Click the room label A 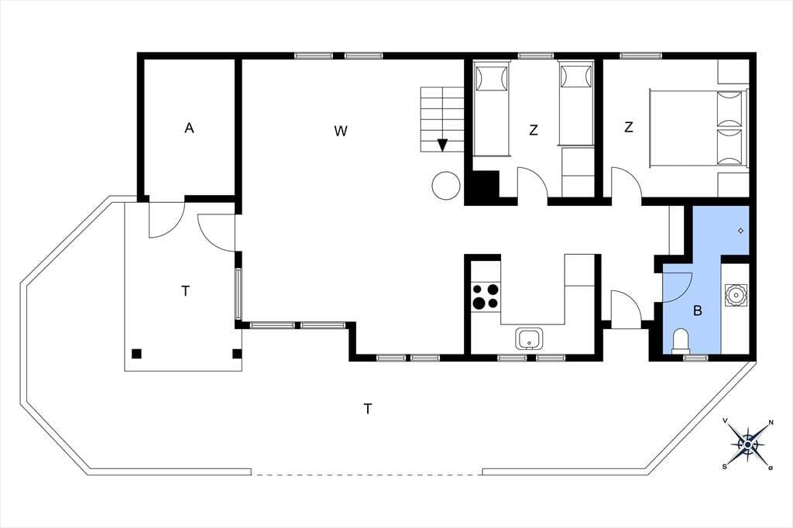click(x=189, y=129)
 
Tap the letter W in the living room click(x=341, y=131)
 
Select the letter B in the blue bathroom click(x=698, y=310)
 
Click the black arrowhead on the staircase click(x=442, y=145)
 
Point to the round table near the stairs click(x=446, y=186)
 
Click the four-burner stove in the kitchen click(x=486, y=296)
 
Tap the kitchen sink click(x=530, y=338)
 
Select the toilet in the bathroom click(x=681, y=341)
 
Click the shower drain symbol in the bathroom click(x=741, y=231)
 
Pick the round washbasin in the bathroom click(x=736, y=296)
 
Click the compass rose click(x=747, y=444)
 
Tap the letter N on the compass click(x=771, y=422)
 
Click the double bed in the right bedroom click(x=699, y=128)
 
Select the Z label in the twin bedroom click(x=533, y=131)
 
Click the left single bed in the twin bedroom click(x=490, y=111)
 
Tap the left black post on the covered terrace click(x=136, y=354)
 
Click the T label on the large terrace click(x=368, y=409)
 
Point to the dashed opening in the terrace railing click(x=366, y=475)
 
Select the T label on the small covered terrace click(x=186, y=291)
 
